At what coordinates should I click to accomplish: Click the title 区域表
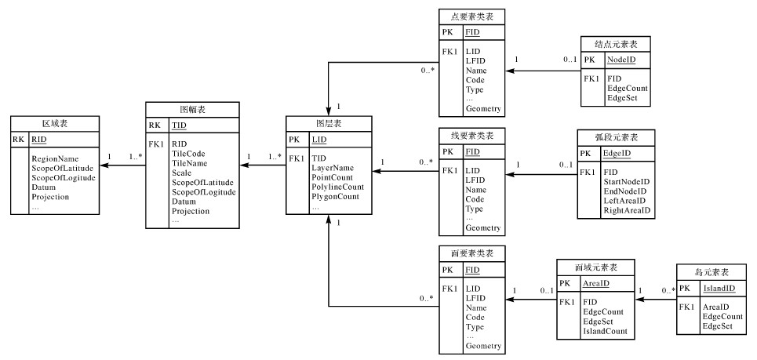click(53, 124)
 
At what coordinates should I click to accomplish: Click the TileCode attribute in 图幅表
click(189, 154)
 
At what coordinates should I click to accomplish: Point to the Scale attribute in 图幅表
click(182, 173)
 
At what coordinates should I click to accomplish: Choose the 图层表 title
click(328, 124)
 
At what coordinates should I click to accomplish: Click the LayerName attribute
click(332, 168)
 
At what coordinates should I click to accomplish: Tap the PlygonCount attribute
click(335, 197)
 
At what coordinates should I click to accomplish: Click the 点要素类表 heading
click(472, 16)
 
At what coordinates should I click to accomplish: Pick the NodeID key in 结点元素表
click(622, 60)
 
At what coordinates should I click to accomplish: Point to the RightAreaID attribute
click(628, 211)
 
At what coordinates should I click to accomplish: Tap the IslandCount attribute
click(605, 332)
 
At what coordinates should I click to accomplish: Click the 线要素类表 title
click(472, 135)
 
